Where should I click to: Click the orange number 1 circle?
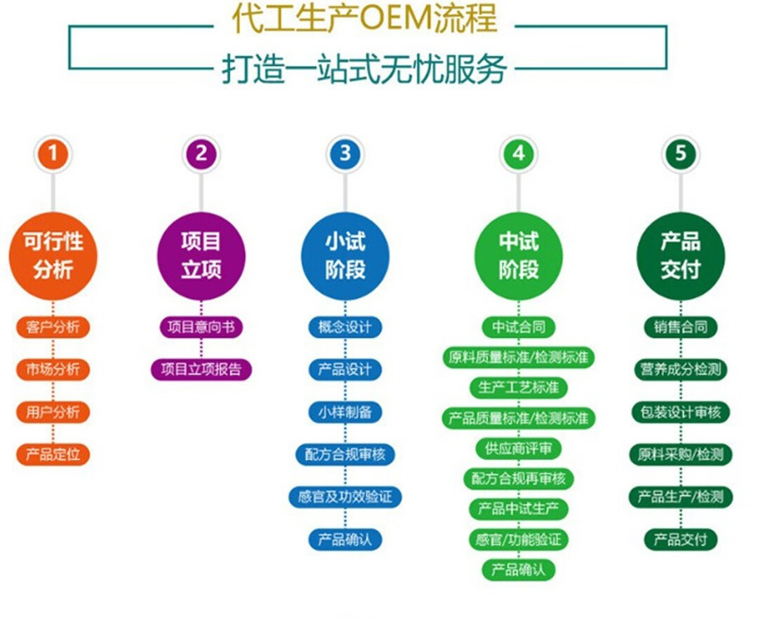53,154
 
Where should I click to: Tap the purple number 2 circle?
201,154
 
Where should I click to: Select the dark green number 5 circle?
680,154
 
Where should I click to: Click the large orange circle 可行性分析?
53,256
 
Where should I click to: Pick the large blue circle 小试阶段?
345,256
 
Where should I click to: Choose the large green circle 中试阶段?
518,256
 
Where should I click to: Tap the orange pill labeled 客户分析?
53,327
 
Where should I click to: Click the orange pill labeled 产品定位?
53,454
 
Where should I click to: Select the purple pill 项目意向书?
201,327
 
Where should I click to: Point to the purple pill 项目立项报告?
201,369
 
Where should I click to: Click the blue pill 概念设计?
345,327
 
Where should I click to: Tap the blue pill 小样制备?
345,412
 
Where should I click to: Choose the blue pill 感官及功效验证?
345,497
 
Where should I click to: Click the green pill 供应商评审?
518,449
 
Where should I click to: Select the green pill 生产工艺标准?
518,387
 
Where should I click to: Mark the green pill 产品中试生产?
518,509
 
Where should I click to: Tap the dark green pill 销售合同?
680,327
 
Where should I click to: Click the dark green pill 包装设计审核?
680,412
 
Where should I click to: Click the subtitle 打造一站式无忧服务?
364,69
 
